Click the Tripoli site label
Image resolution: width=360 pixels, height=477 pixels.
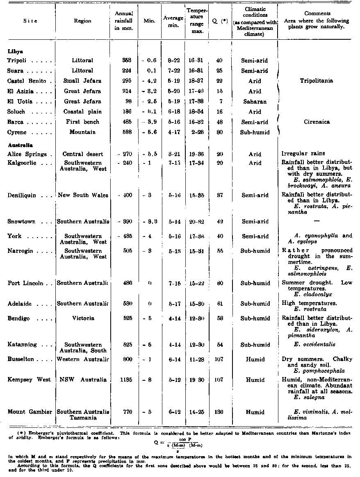pos(17,61)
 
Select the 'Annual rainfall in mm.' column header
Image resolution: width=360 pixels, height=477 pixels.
pos(124,21)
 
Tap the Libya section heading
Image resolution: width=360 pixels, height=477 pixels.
pos(15,52)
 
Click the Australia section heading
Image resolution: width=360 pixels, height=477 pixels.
pos(20,145)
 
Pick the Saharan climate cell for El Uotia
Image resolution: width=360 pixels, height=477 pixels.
pos(255,101)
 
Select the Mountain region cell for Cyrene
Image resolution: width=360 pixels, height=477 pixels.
pos(82,132)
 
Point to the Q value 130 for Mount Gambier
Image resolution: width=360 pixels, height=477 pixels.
pos(219,412)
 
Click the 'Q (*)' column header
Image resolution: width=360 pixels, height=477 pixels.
pos(219,21)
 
